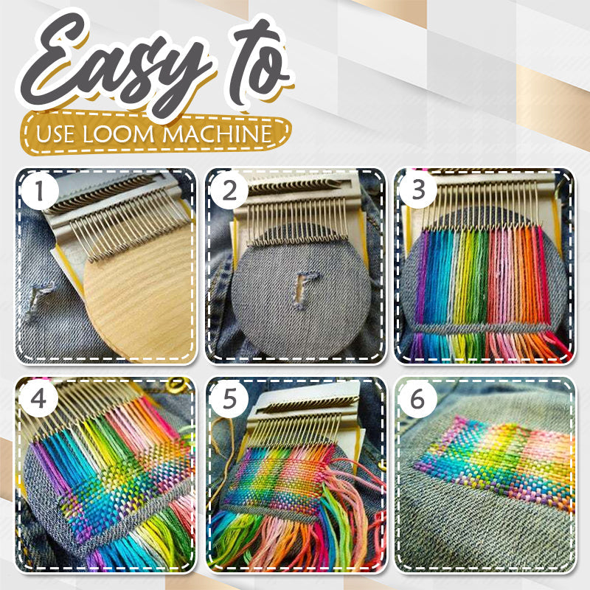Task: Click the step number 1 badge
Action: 40,193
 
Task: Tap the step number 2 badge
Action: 229,193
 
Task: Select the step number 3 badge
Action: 418,193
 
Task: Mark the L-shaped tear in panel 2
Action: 305,288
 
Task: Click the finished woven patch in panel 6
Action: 494,461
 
